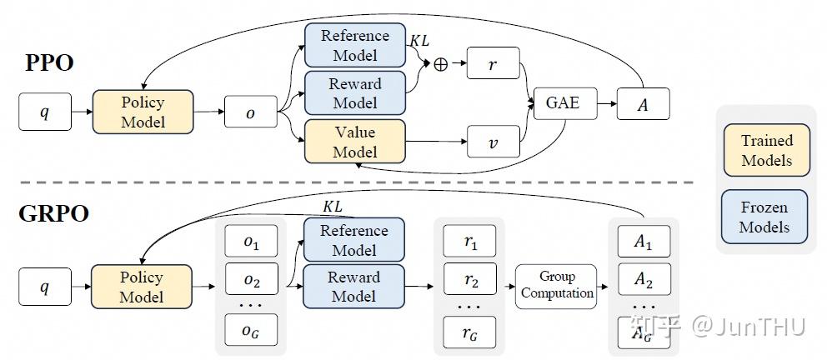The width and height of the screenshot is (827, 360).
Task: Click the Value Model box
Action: pos(355,142)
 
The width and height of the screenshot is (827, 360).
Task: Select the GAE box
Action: pos(565,104)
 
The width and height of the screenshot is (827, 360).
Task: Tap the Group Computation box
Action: pos(556,286)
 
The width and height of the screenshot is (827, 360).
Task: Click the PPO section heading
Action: pos(49,63)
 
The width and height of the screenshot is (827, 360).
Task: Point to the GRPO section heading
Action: pos(53,214)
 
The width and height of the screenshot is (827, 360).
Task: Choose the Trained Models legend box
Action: pos(766,150)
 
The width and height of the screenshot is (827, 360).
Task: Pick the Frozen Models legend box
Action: pos(764,217)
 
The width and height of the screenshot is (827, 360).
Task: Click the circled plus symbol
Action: pos(440,64)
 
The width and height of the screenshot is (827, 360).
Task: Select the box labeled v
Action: pos(494,142)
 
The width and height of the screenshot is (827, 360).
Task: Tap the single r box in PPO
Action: pos(494,63)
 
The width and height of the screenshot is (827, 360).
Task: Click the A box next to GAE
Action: pos(643,104)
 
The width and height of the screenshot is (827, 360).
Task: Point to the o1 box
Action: pos(252,242)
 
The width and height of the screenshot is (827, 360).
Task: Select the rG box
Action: pos(469,332)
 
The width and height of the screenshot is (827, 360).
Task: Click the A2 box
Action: pos(644,279)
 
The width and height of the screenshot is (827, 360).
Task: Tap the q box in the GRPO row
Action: pos(45,287)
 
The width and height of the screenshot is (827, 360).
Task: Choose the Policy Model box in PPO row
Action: pos(143,112)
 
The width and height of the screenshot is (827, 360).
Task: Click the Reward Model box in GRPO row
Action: pos(354,286)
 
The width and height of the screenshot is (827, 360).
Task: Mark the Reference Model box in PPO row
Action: pos(355,45)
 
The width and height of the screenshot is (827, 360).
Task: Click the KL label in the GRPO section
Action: pos(333,207)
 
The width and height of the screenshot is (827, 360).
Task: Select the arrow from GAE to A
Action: pos(607,104)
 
